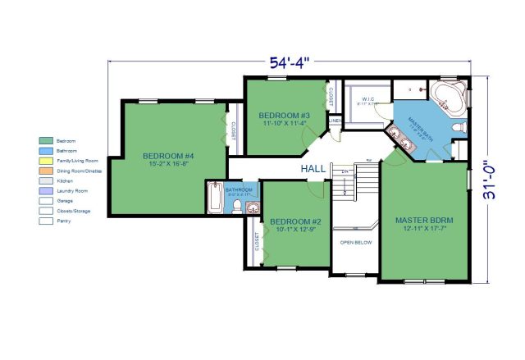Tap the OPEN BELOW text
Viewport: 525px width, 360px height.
(x=355, y=243)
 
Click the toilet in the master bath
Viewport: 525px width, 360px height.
(x=459, y=128)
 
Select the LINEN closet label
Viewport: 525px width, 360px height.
(x=335, y=122)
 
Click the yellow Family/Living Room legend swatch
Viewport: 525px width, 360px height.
(x=47, y=161)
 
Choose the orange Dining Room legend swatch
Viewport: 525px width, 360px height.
(x=47, y=171)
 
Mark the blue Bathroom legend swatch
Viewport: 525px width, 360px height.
(x=47, y=151)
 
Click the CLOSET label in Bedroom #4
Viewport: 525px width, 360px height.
(x=233, y=133)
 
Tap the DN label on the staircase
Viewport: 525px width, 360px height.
(x=346, y=171)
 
